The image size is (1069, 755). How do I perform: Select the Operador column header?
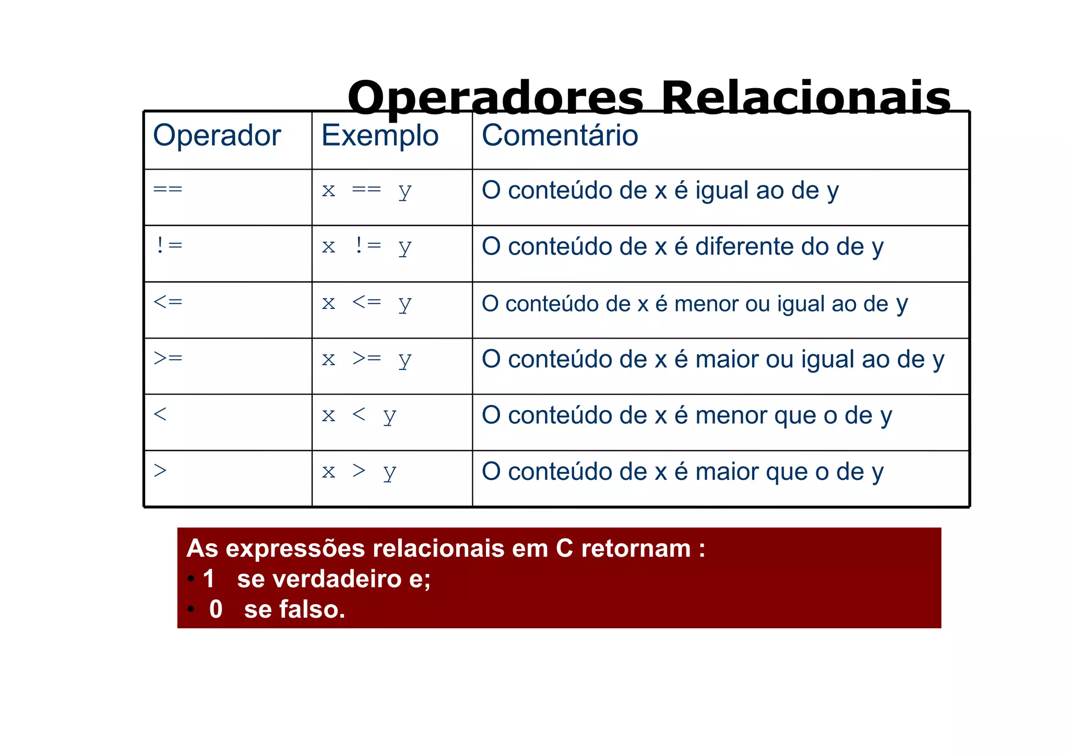pos(217,136)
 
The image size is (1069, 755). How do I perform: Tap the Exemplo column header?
pos(379,136)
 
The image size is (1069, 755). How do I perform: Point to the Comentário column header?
pos(560,136)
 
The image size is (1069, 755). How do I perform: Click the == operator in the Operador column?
pos(168,189)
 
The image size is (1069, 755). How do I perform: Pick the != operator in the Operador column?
pos(169,245)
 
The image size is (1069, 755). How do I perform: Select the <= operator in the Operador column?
pos(168,302)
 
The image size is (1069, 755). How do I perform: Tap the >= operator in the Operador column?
pos(168,358)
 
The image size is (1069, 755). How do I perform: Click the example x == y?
pos(366,190)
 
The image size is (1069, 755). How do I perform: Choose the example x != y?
pos(366,246)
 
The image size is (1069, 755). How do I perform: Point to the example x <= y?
pos(366,303)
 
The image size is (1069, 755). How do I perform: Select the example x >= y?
pos(366,359)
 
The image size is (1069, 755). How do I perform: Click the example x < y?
pos(359,416)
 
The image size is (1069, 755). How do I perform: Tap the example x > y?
pos(359,472)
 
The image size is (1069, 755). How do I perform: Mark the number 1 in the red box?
pos(209,579)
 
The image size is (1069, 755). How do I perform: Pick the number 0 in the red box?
pos(216,609)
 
